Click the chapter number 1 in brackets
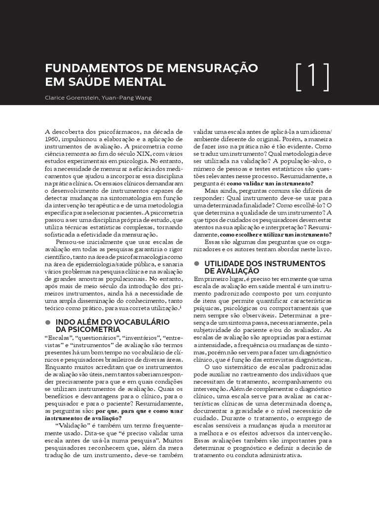(312, 77)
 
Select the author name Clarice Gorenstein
(71, 97)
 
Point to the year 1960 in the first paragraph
(52, 139)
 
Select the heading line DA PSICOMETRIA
(88, 329)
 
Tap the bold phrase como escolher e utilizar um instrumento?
(275, 234)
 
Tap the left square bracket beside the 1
(299, 77)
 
